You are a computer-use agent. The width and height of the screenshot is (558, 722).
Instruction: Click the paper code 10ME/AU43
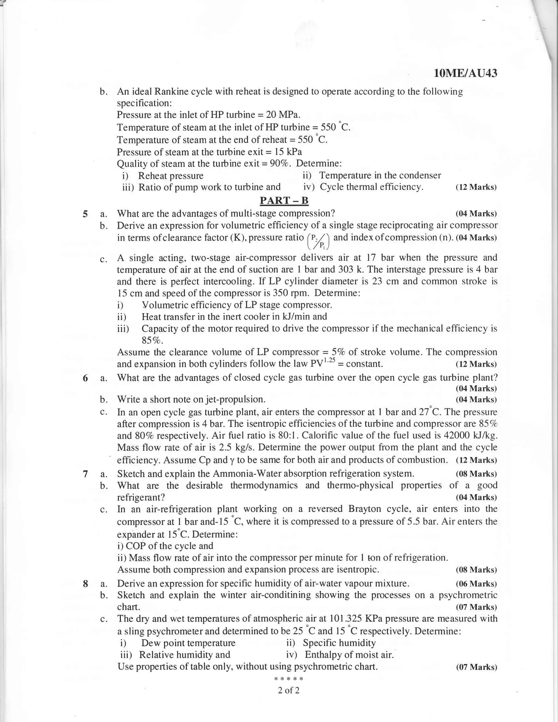(465, 73)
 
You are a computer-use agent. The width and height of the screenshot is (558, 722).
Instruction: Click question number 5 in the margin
(85, 214)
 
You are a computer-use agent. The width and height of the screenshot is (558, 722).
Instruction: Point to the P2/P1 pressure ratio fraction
(319, 241)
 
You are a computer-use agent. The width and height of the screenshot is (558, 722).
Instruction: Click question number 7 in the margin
(85, 474)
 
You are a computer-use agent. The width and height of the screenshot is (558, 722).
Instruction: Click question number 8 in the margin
(85, 584)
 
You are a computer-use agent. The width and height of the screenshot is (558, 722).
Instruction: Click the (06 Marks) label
(476, 584)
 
